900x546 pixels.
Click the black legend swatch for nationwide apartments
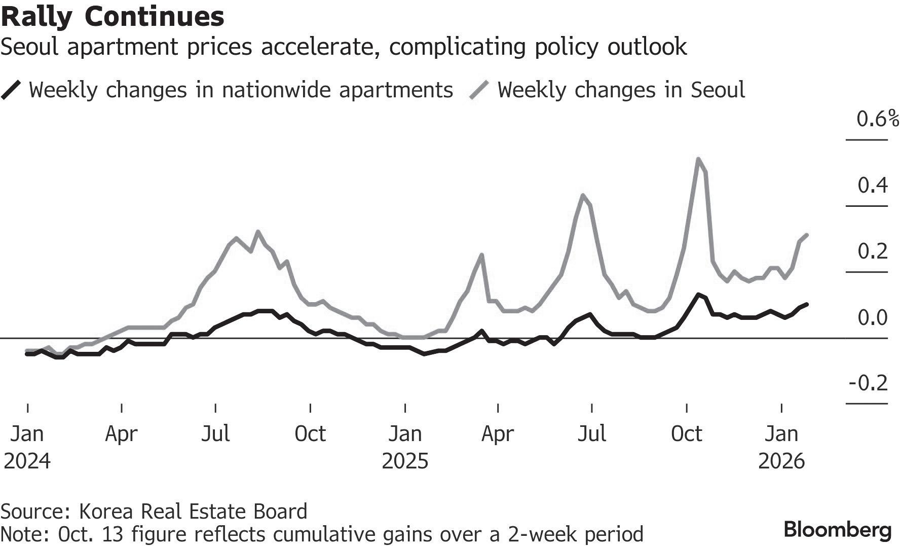(x=11, y=90)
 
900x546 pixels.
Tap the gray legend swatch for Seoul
(x=479, y=90)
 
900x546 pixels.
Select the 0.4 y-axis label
(x=873, y=186)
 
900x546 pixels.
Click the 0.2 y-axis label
(x=873, y=251)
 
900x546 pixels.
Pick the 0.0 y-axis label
(x=873, y=317)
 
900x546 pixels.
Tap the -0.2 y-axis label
(x=869, y=383)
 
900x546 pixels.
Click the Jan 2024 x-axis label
(x=27, y=447)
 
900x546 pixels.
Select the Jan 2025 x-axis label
(x=405, y=447)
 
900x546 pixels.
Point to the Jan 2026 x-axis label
(x=781, y=447)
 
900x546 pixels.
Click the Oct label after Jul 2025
(x=687, y=434)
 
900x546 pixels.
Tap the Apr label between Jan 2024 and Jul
(x=122, y=434)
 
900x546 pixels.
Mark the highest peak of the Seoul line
(x=699, y=159)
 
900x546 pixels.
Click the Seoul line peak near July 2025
(x=583, y=195)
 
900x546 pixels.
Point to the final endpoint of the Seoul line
(x=807, y=235)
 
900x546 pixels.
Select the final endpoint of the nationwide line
(x=807, y=304)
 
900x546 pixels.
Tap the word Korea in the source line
(x=106, y=511)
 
